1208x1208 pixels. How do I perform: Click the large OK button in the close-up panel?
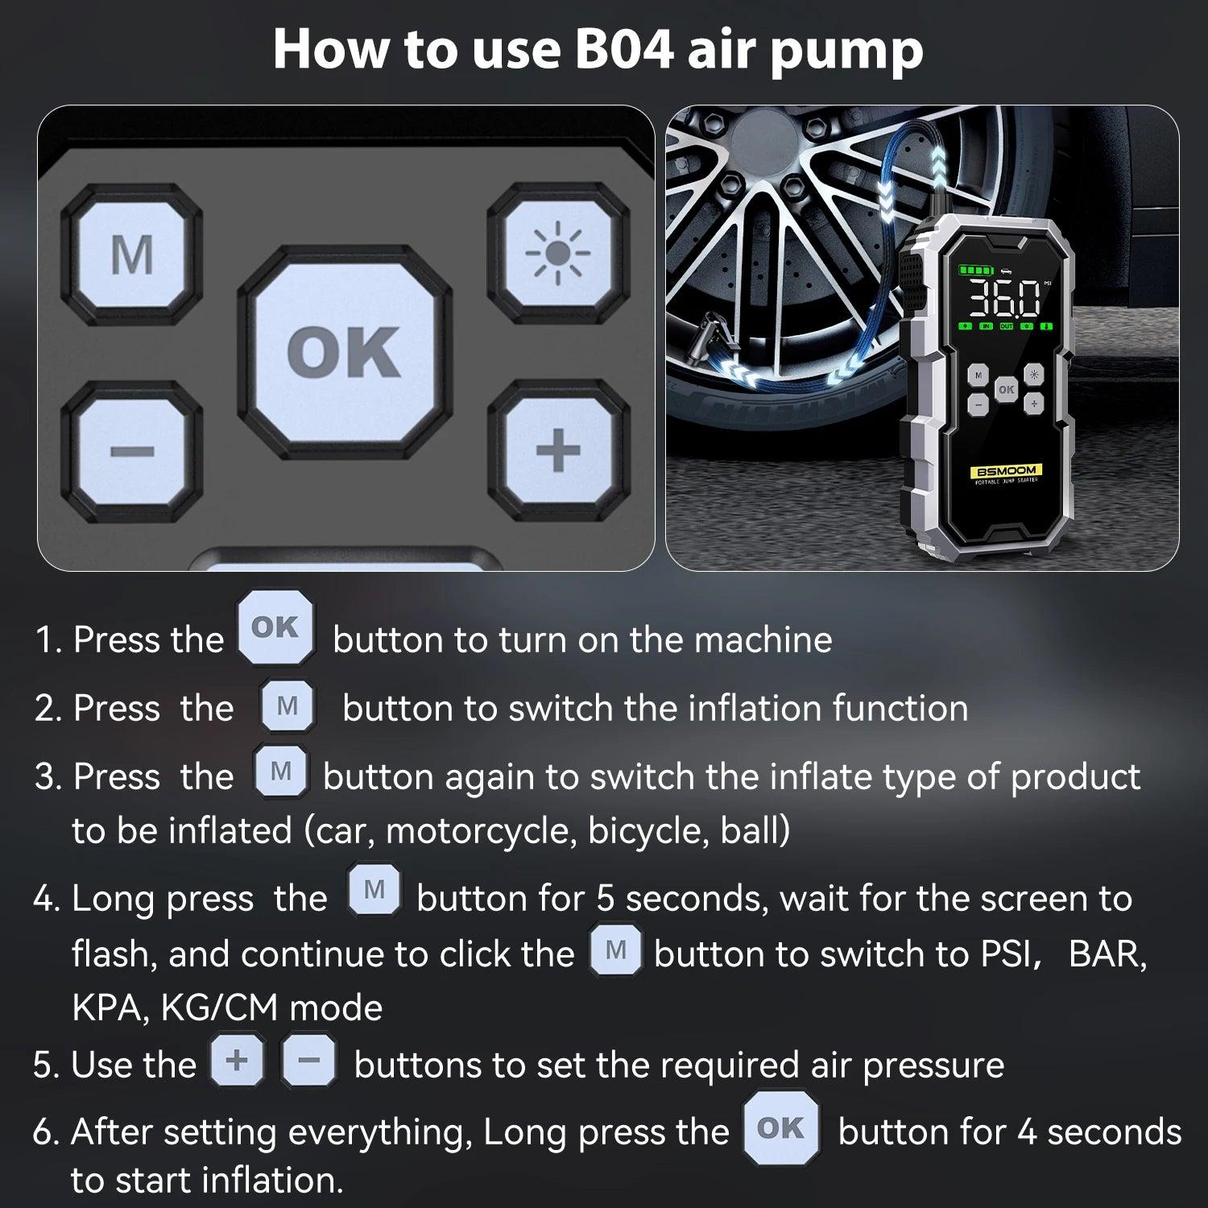click(344, 352)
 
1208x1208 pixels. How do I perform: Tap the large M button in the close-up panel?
click(131, 254)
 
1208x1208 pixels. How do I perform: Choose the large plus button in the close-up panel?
click(557, 449)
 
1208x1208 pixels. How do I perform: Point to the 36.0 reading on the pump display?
click(1003, 299)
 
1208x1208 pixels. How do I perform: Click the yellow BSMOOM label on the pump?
click(1006, 470)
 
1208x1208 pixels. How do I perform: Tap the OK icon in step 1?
click(275, 627)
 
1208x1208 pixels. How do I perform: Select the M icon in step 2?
click(288, 706)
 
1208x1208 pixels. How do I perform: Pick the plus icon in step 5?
click(237, 1061)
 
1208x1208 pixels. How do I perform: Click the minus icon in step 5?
click(308, 1061)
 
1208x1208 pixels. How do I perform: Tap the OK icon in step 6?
click(780, 1128)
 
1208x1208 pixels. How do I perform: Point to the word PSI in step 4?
click(1007, 954)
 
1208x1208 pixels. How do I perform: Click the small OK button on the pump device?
click(1006, 389)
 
